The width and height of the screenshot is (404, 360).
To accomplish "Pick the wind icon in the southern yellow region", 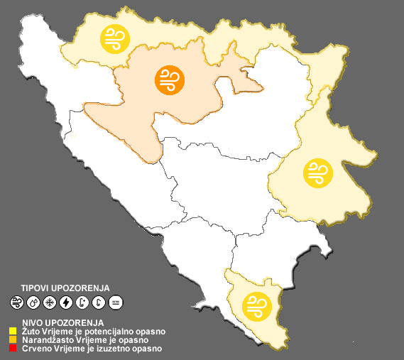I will tap(256, 306).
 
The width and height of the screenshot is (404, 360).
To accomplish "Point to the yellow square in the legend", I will tap(13, 331).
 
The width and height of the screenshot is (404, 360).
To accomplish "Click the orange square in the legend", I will tap(13, 339).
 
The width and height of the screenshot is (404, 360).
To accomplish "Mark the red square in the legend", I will tap(13, 349).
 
